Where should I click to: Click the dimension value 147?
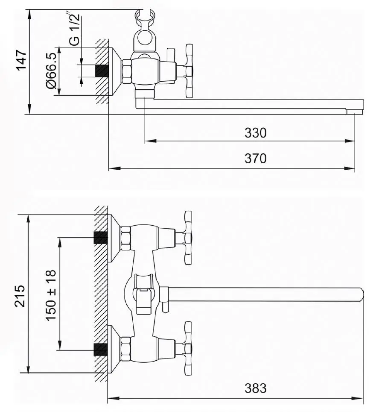click(21, 59)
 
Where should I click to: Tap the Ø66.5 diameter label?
click(51, 71)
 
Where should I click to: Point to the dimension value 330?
click(255, 132)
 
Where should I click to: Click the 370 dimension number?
click(255, 158)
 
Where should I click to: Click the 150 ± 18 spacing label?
click(51, 295)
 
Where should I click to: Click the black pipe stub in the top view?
click(102, 71)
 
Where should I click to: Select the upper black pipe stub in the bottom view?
click(100, 238)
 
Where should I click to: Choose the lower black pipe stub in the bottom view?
click(100, 350)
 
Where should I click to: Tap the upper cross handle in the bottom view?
click(188, 238)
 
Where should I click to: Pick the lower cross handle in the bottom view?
click(188, 348)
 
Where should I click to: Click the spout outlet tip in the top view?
click(354, 112)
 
